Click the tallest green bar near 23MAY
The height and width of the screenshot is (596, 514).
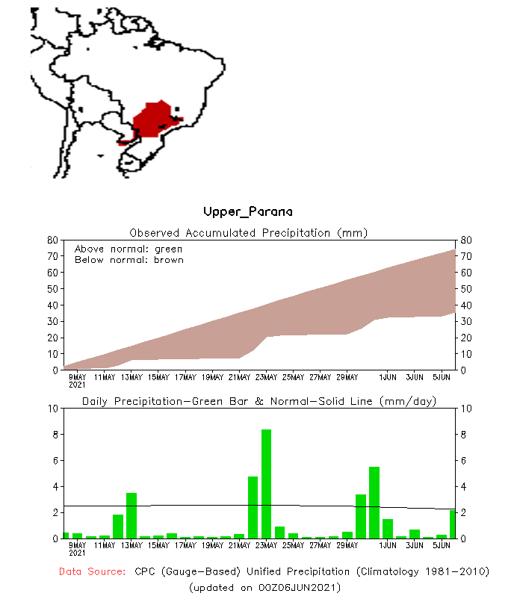coord(266,484)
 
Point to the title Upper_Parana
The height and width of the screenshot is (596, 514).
coord(248,212)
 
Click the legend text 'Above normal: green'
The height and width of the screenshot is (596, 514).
coord(128,249)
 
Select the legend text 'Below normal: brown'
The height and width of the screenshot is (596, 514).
coord(128,260)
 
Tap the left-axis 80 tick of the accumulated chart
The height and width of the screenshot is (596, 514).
coord(53,240)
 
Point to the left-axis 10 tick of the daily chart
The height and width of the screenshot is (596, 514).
coord(53,409)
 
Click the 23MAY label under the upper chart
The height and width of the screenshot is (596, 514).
coord(266,377)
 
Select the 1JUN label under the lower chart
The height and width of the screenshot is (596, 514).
coord(388,546)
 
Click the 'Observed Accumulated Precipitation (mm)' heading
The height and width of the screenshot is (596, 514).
coord(249,232)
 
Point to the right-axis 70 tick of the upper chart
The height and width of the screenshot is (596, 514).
coord(465,256)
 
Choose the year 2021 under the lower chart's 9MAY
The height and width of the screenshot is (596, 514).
coord(78,553)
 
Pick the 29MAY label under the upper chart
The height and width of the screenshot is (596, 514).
coord(347,377)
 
